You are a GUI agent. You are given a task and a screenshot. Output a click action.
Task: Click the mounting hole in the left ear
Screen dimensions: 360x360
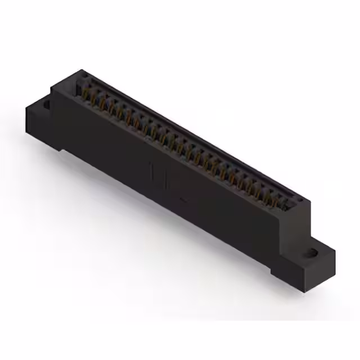click(x=46, y=104)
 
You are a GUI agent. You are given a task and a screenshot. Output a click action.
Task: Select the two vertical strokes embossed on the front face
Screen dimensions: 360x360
click(x=157, y=175)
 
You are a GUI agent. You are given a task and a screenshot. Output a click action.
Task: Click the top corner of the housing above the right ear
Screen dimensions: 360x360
click(x=307, y=200)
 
